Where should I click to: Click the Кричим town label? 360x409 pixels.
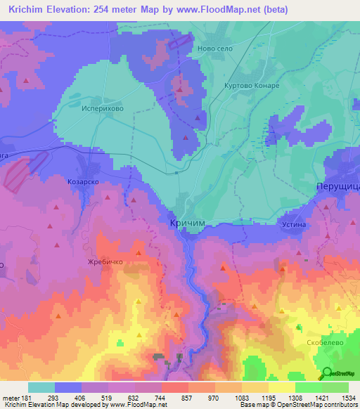coord(189,223)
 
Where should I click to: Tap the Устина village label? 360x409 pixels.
coord(296,224)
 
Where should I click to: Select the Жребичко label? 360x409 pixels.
coord(105,261)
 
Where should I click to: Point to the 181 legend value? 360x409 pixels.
coord(29,397)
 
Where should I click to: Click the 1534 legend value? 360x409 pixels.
coord(347,397)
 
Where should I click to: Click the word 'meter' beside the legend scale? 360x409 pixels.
coord(10,397)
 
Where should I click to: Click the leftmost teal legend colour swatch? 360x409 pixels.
coord(41,387)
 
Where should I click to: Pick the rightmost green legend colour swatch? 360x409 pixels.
coord(335,387)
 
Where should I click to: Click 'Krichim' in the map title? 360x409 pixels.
coord(29,11)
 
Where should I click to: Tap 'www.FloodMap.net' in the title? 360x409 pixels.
coord(219,11)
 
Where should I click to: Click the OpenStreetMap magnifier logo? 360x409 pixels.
coord(327,374)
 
